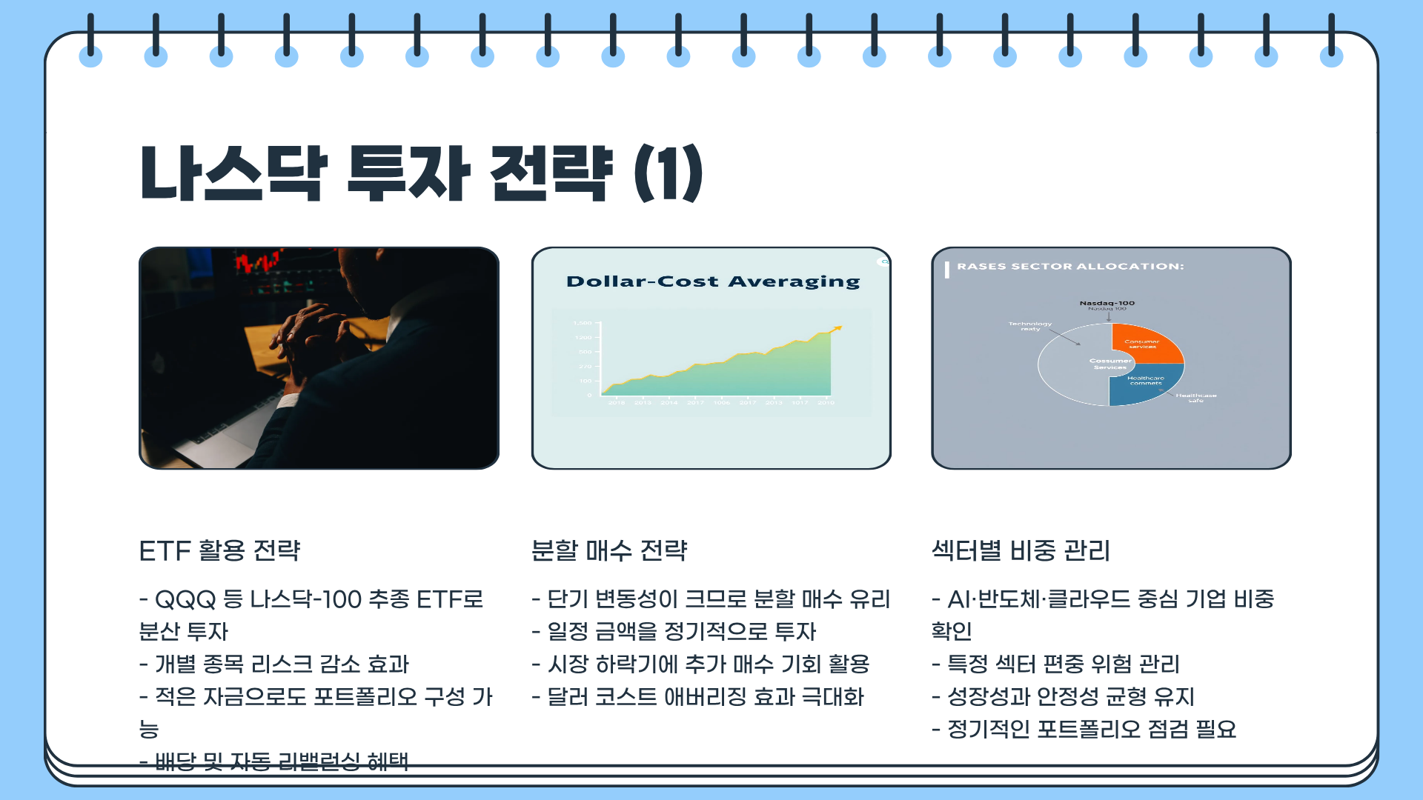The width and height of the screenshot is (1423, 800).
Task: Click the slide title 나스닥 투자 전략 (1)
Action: click(421, 174)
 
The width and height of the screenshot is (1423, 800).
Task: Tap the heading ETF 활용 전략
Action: click(219, 551)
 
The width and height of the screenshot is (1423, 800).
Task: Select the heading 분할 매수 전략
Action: click(609, 551)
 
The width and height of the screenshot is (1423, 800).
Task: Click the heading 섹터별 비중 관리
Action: click(1021, 551)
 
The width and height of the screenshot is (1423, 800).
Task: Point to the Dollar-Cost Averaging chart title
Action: click(712, 281)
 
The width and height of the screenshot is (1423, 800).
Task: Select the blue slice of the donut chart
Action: click(1141, 384)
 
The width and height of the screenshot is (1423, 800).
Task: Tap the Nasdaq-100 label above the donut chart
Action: click(1107, 303)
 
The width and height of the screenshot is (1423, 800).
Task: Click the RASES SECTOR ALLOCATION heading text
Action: click(1069, 267)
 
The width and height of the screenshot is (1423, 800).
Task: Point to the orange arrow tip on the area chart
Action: click(839, 327)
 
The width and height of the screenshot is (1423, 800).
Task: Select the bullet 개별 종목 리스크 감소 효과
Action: click(274, 664)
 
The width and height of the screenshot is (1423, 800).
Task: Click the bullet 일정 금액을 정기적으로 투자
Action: click(674, 632)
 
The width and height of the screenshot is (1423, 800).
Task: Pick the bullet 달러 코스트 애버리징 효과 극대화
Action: click(697, 697)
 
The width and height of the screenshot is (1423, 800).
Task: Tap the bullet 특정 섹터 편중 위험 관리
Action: click(1055, 664)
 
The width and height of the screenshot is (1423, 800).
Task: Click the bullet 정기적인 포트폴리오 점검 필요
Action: click(1084, 730)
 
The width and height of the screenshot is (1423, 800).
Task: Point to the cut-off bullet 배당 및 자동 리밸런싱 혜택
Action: click(274, 760)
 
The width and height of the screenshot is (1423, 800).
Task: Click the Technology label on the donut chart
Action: click(1029, 324)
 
